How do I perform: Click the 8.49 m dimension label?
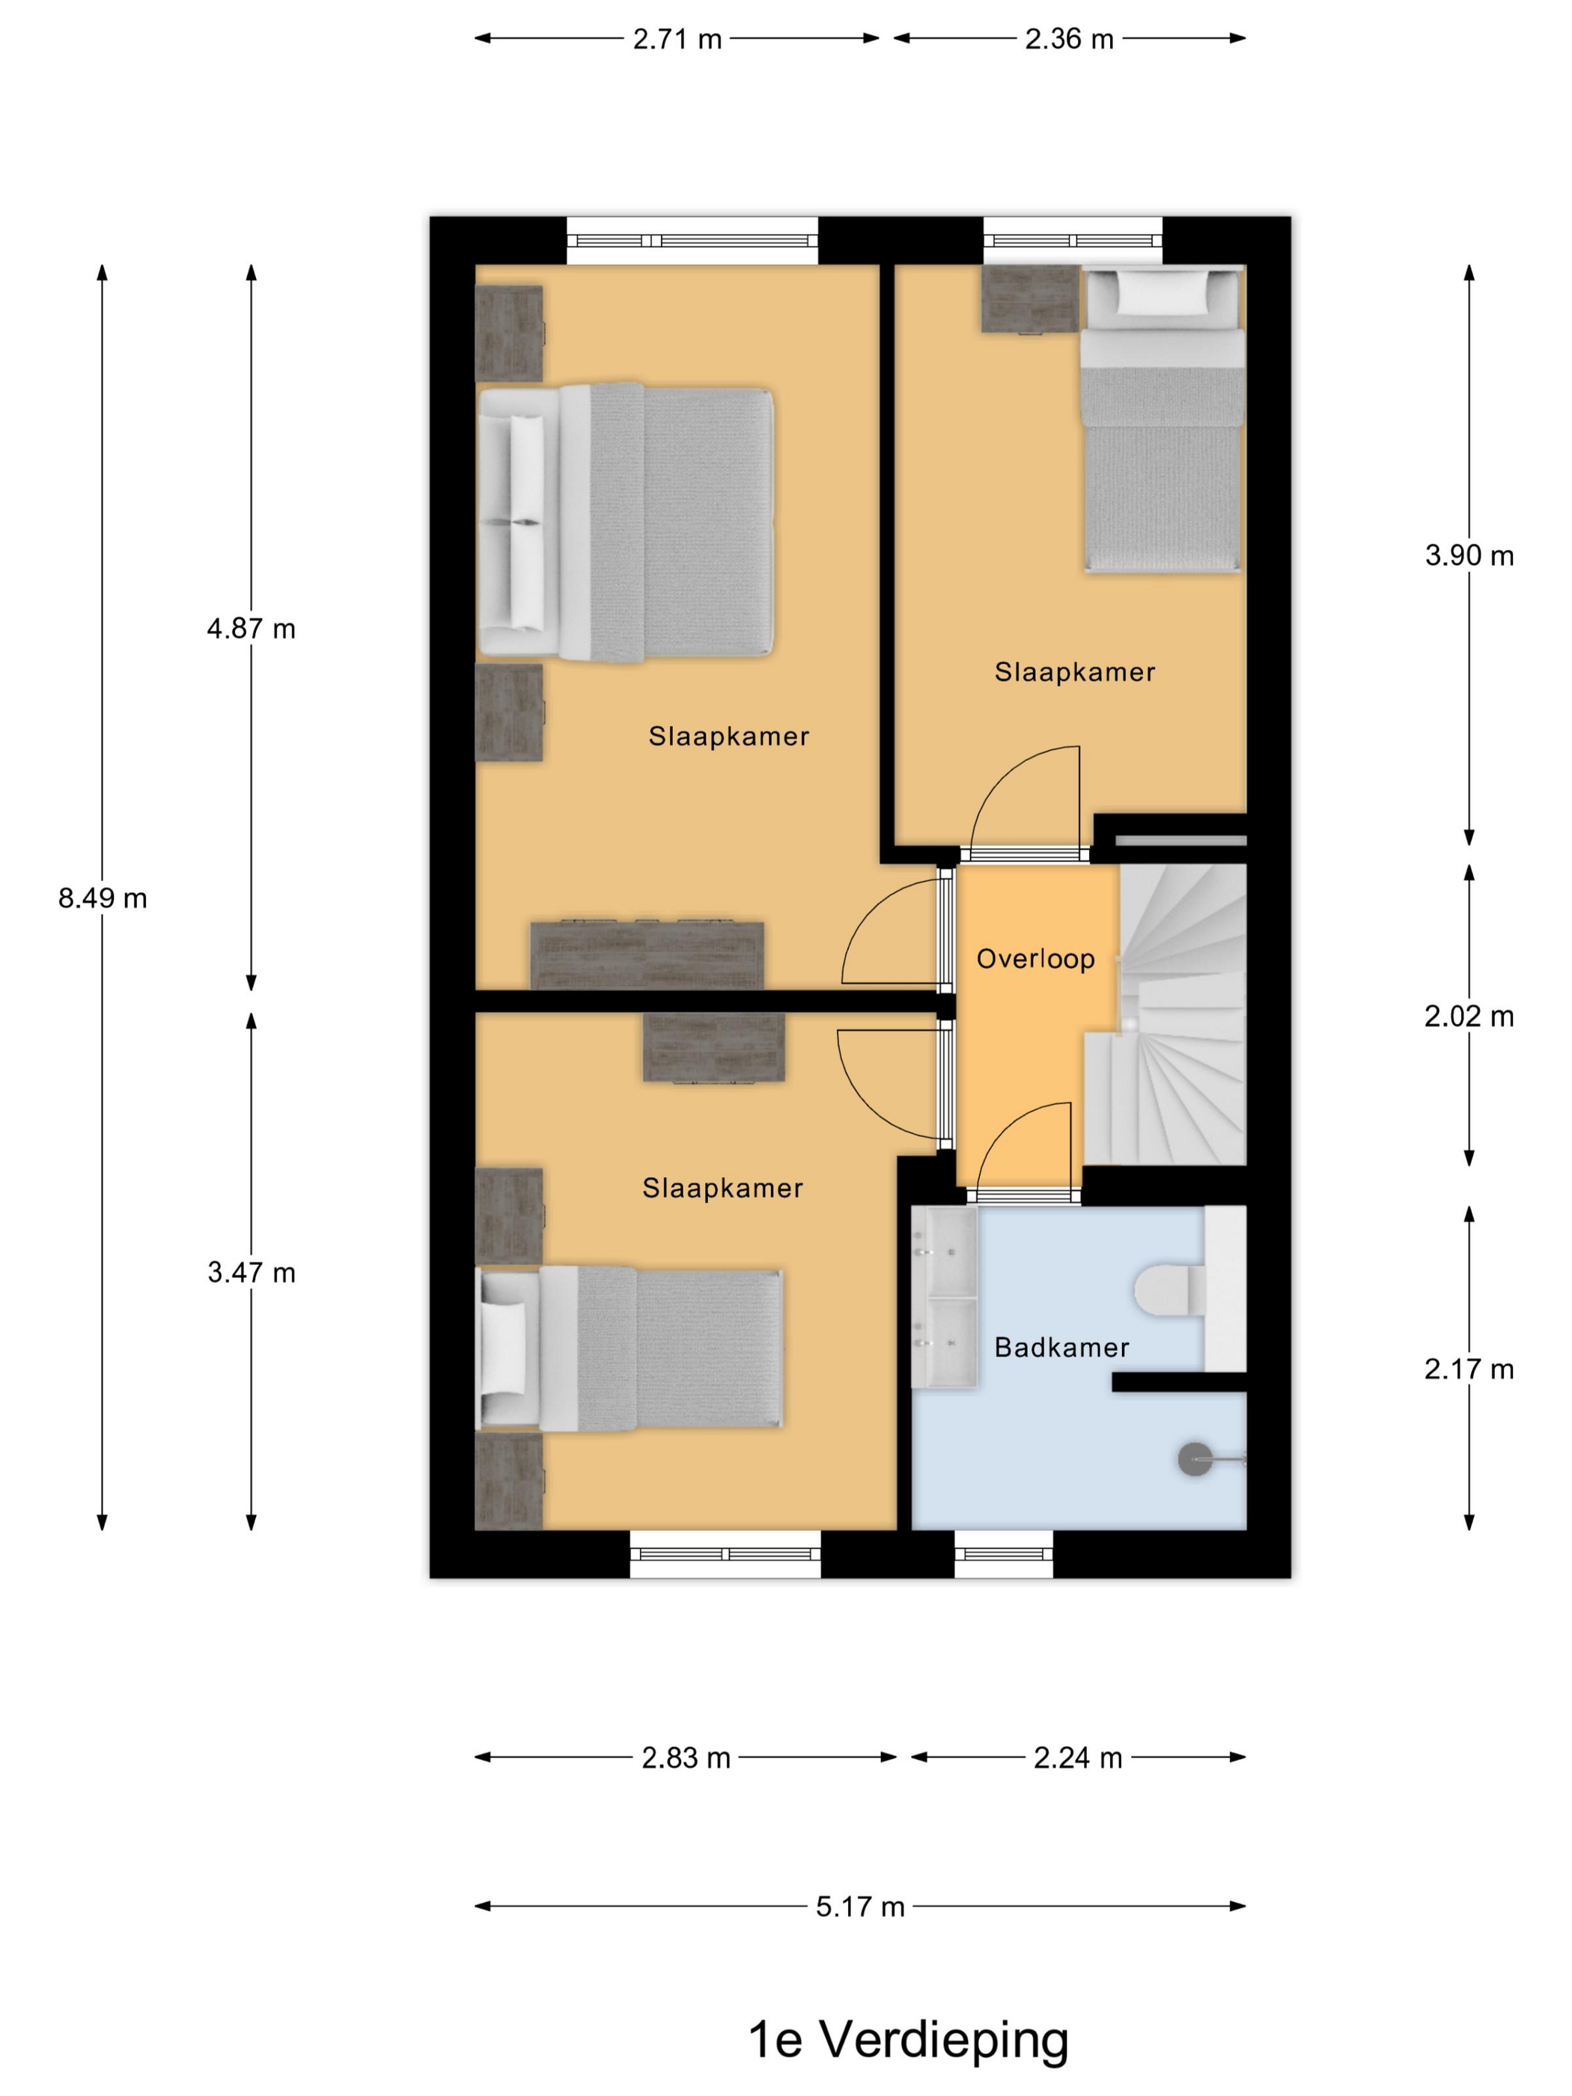(x=103, y=898)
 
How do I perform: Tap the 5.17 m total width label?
(x=859, y=1906)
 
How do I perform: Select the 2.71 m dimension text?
(x=677, y=39)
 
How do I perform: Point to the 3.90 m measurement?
(x=1469, y=555)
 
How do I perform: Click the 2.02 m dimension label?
(x=1469, y=1016)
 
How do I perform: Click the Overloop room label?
(x=1036, y=959)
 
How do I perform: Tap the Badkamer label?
(x=1061, y=1347)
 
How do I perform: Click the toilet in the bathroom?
(x=1170, y=1291)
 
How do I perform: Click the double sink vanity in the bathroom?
(x=944, y=1298)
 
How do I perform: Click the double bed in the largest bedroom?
(x=625, y=521)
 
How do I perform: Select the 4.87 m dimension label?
(x=251, y=628)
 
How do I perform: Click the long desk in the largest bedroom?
(x=648, y=955)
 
